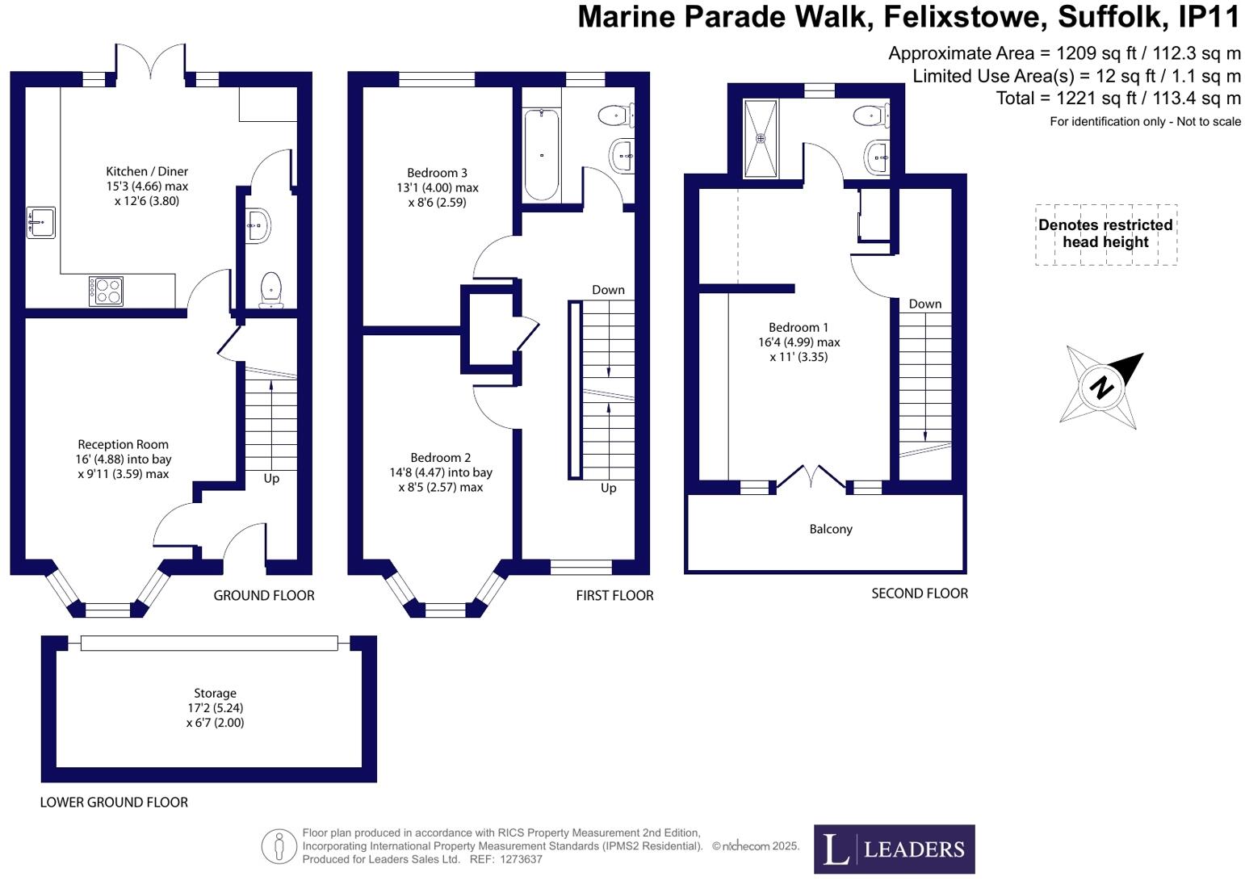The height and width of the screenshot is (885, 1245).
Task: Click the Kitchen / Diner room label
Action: click(x=147, y=171)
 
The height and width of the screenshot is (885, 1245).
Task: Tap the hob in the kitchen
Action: click(x=106, y=291)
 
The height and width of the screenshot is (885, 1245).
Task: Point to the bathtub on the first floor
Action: click(x=541, y=154)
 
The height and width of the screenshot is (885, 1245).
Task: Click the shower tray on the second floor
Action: click(x=761, y=138)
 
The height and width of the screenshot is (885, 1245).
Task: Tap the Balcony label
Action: click(x=831, y=529)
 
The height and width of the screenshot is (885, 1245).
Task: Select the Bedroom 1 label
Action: click(x=798, y=327)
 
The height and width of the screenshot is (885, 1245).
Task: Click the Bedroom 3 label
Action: click(x=437, y=173)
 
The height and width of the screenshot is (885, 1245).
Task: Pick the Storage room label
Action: click(x=215, y=693)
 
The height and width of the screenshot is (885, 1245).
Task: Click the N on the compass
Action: click(x=1101, y=387)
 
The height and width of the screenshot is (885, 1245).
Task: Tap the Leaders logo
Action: click(x=894, y=849)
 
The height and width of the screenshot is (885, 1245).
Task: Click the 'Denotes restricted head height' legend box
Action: click(x=1105, y=234)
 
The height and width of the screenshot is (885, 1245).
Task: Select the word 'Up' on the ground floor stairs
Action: click(x=271, y=478)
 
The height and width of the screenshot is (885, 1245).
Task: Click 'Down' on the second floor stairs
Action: click(x=924, y=304)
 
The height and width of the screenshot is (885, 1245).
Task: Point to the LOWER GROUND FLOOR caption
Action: click(x=114, y=802)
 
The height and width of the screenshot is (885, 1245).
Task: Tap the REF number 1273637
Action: click(x=522, y=859)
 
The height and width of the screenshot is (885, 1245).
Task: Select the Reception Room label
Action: click(x=123, y=444)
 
